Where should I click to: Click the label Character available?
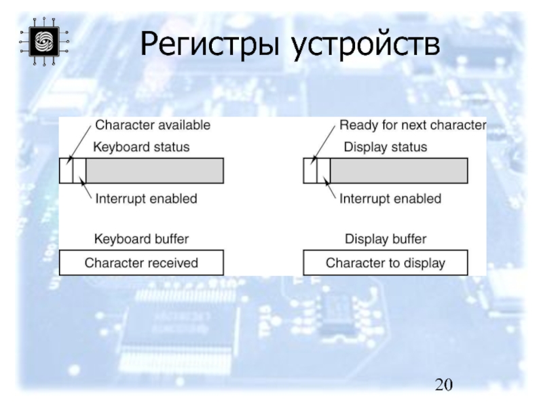click(x=153, y=125)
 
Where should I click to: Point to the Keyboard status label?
click(x=141, y=147)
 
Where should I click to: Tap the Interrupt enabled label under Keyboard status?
click(x=146, y=199)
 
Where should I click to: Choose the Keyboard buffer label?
click(x=141, y=239)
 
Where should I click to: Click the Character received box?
click(x=141, y=263)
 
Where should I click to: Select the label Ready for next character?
click(x=412, y=125)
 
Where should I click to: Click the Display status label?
click(x=386, y=147)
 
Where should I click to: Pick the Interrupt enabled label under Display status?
click(x=390, y=199)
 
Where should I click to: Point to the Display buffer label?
click(x=386, y=239)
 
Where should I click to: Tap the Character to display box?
click(x=386, y=263)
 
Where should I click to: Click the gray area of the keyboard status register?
click(x=154, y=170)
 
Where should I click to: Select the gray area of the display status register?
click(x=398, y=170)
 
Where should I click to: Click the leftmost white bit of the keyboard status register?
click(x=66, y=170)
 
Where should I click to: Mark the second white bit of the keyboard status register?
click(x=79, y=170)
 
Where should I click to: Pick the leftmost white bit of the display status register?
click(x=310, y=170)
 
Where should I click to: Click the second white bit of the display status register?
click(x=323, y=170)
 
